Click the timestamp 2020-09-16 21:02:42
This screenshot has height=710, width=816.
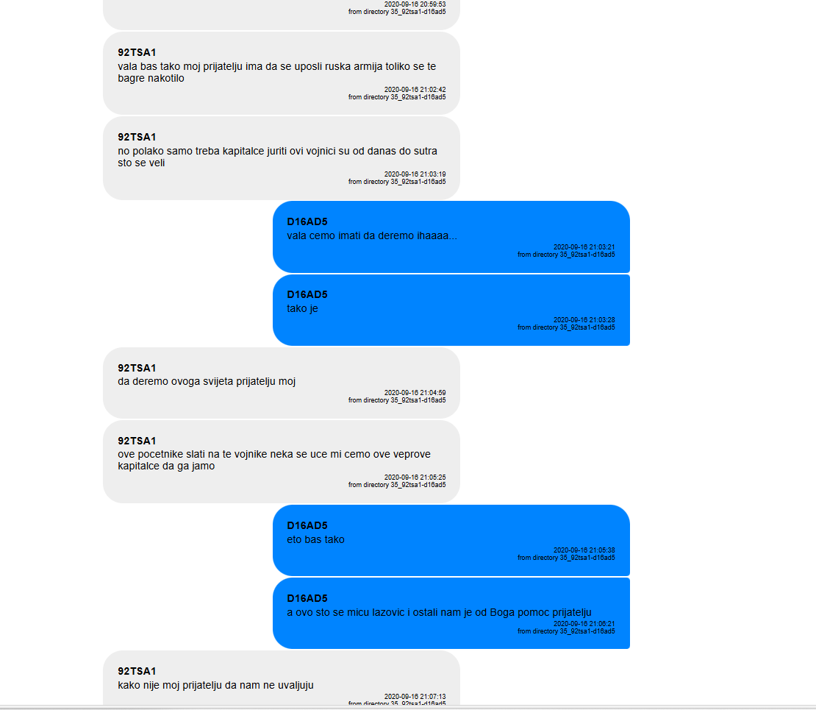[415, 90]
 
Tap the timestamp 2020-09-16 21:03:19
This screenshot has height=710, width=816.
[415, 174]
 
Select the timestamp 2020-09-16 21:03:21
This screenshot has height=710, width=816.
[584, 247]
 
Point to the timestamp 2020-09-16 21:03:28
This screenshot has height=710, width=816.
[584, 320]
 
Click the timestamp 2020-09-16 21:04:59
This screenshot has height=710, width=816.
[415, 393]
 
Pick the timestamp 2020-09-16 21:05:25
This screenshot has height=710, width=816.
[415, 478]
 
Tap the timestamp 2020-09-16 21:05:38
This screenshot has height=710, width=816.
[584, 550]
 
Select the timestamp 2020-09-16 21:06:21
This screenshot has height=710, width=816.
[584, 623]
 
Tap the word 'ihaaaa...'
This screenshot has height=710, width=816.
[437, 235]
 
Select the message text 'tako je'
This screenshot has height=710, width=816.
[302, 309]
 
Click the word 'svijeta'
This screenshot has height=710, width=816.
[218, 382]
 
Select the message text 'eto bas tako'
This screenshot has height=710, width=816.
[315, 539]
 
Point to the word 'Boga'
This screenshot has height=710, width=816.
[502, 613]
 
